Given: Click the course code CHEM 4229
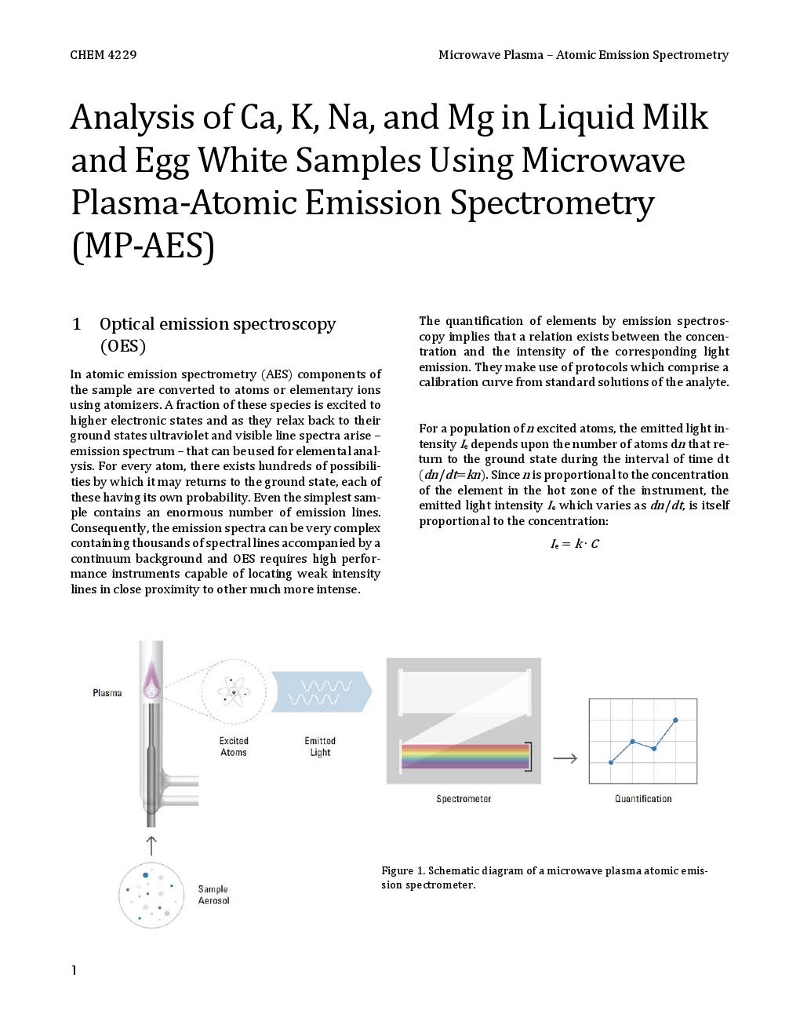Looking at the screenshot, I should point(103,55).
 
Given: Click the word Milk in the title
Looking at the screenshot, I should point(675,118).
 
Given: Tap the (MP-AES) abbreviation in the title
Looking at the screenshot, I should point(142,246).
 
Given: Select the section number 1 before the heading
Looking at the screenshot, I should point(76,324).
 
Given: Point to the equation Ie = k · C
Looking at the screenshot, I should point(574,544).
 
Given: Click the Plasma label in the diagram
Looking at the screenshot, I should point(107,693).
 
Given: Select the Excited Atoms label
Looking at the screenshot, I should point(234,746).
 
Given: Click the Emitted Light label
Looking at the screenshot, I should point(320,746).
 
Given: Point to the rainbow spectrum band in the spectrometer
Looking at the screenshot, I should point(466,757).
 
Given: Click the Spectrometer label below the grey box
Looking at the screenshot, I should point(464,799).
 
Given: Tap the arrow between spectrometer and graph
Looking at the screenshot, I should point(565,758).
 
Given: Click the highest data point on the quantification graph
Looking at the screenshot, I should point(675,720).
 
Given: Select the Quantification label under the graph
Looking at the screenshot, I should point(643,799).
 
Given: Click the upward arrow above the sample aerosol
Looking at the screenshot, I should point(151,845).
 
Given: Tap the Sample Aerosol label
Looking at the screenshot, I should point(213,895).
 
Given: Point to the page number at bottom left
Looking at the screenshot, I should point(75,971).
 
